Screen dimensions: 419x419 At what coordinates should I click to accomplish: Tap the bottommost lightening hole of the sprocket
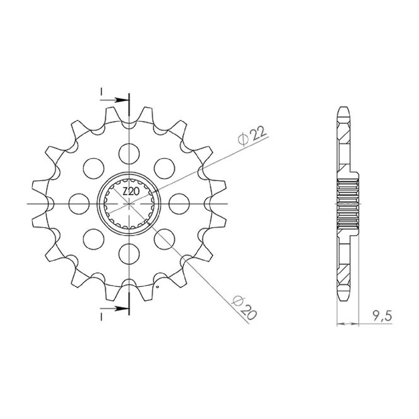129,254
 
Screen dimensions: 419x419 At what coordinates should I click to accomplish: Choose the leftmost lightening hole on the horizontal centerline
79,203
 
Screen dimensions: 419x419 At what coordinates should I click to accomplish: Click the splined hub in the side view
349,204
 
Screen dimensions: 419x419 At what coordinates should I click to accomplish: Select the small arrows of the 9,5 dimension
347,324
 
